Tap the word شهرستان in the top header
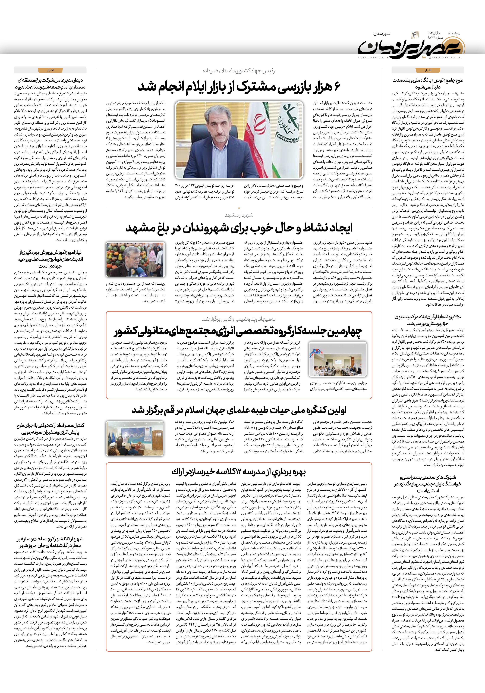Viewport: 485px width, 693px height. pyautogui.click(x=382, y=34)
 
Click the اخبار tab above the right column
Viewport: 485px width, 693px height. pyautogui.click(x=428, y=70)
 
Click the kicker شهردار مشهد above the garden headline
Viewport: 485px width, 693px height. pyautogui.click(x=239, y=215)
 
